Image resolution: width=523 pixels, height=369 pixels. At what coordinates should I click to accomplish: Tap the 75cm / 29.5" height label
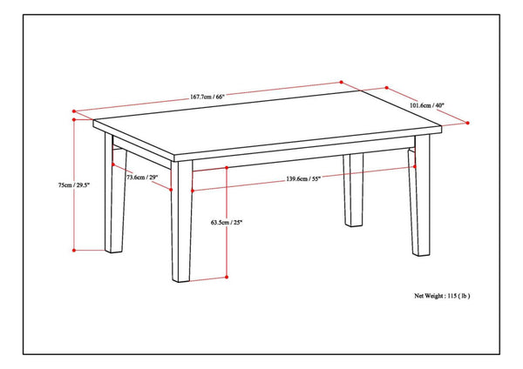[72, 184]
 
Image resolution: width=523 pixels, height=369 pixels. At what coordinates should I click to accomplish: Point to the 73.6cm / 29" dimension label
[142, 178]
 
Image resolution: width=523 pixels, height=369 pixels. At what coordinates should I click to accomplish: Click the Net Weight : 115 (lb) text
[442, 296]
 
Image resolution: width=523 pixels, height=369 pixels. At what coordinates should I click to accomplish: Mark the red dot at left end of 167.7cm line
[75, 111]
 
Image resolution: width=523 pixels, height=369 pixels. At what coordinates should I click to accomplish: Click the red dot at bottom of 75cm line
[75, 251]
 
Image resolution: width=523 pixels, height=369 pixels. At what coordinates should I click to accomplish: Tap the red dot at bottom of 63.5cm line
[228, 277]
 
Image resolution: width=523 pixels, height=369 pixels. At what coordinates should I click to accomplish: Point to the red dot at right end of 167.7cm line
[341, 83]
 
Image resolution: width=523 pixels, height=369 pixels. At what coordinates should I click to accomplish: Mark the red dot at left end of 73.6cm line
[113, 166]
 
